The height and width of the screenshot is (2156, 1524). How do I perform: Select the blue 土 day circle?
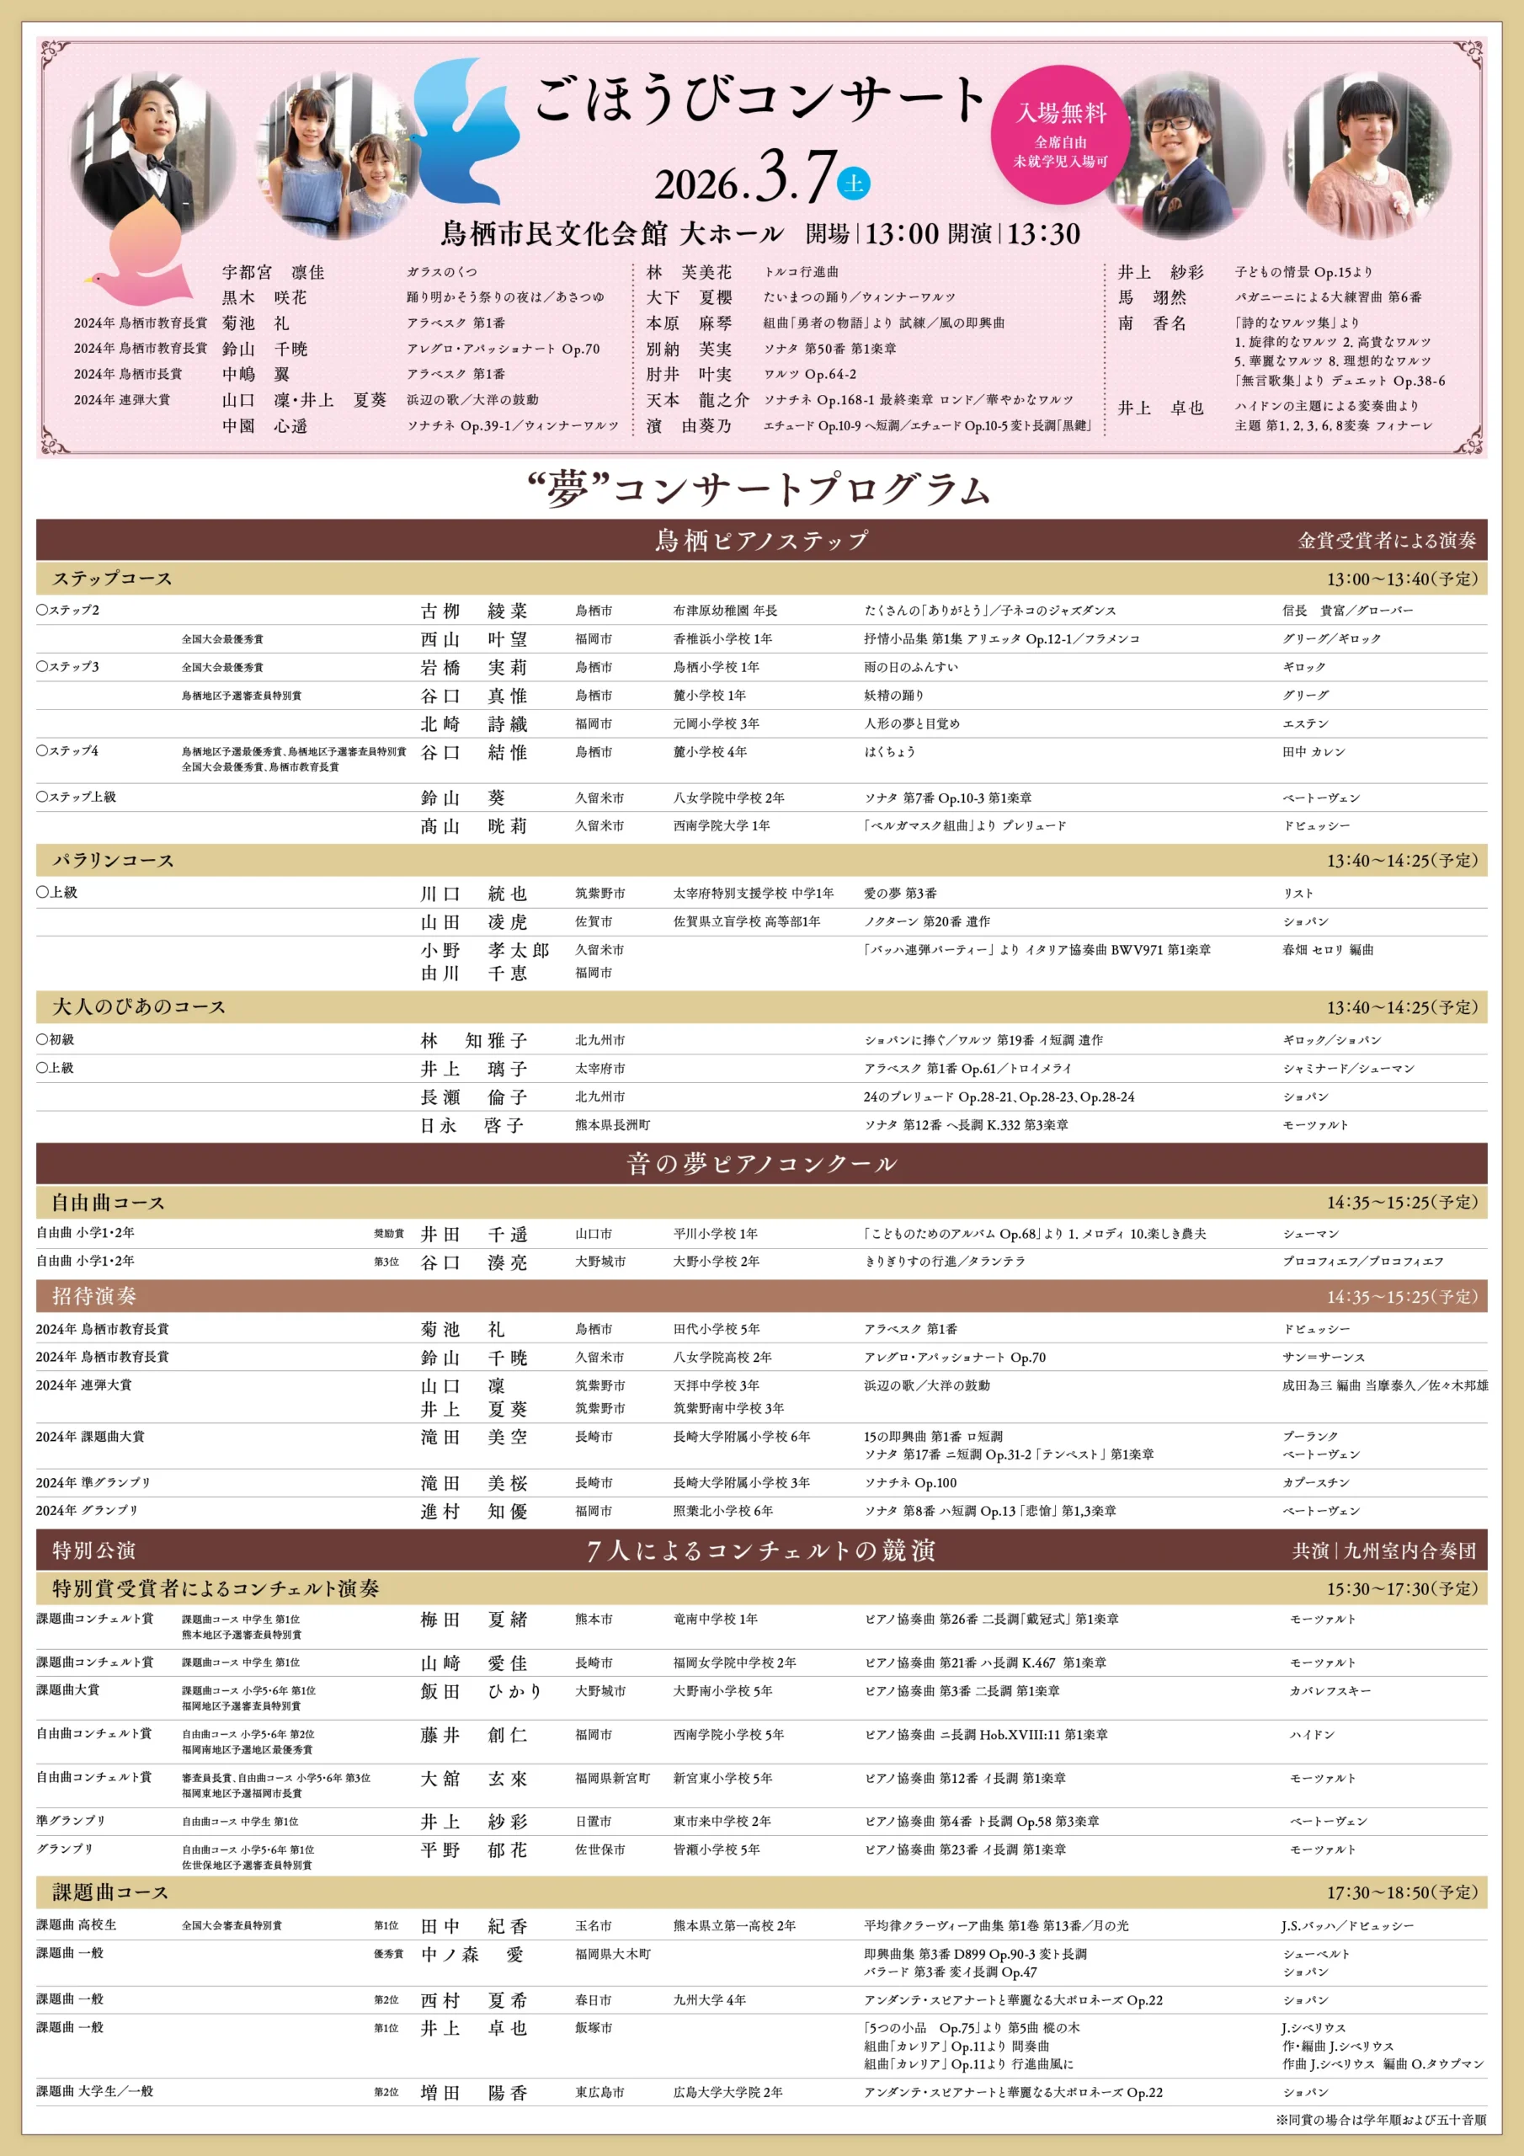point(853,182)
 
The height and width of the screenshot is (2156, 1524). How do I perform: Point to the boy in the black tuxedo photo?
point(152,153)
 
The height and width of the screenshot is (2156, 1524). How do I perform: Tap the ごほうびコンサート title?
point(760,99)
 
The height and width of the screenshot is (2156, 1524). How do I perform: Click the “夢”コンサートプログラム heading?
point(760,490)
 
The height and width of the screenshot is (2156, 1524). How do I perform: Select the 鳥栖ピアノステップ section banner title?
point(761,541)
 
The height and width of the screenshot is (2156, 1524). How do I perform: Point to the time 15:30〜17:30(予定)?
point(1401,1589)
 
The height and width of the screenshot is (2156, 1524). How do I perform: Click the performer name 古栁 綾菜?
point(474,611)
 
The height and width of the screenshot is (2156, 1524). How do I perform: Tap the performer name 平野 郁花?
point(474,1850)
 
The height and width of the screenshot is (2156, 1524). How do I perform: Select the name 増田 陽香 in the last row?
point(474,2093)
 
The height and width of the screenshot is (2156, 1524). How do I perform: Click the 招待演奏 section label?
point(94,1297)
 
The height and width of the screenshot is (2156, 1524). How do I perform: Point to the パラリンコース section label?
point(113,861)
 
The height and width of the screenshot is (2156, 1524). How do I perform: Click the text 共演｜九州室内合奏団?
point(1383,1550)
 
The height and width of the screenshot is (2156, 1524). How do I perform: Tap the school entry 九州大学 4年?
point(710,2001)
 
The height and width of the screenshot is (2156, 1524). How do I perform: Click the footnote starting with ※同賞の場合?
point(1380,2120)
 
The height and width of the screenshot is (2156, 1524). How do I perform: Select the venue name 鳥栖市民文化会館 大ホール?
point(612,234)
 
